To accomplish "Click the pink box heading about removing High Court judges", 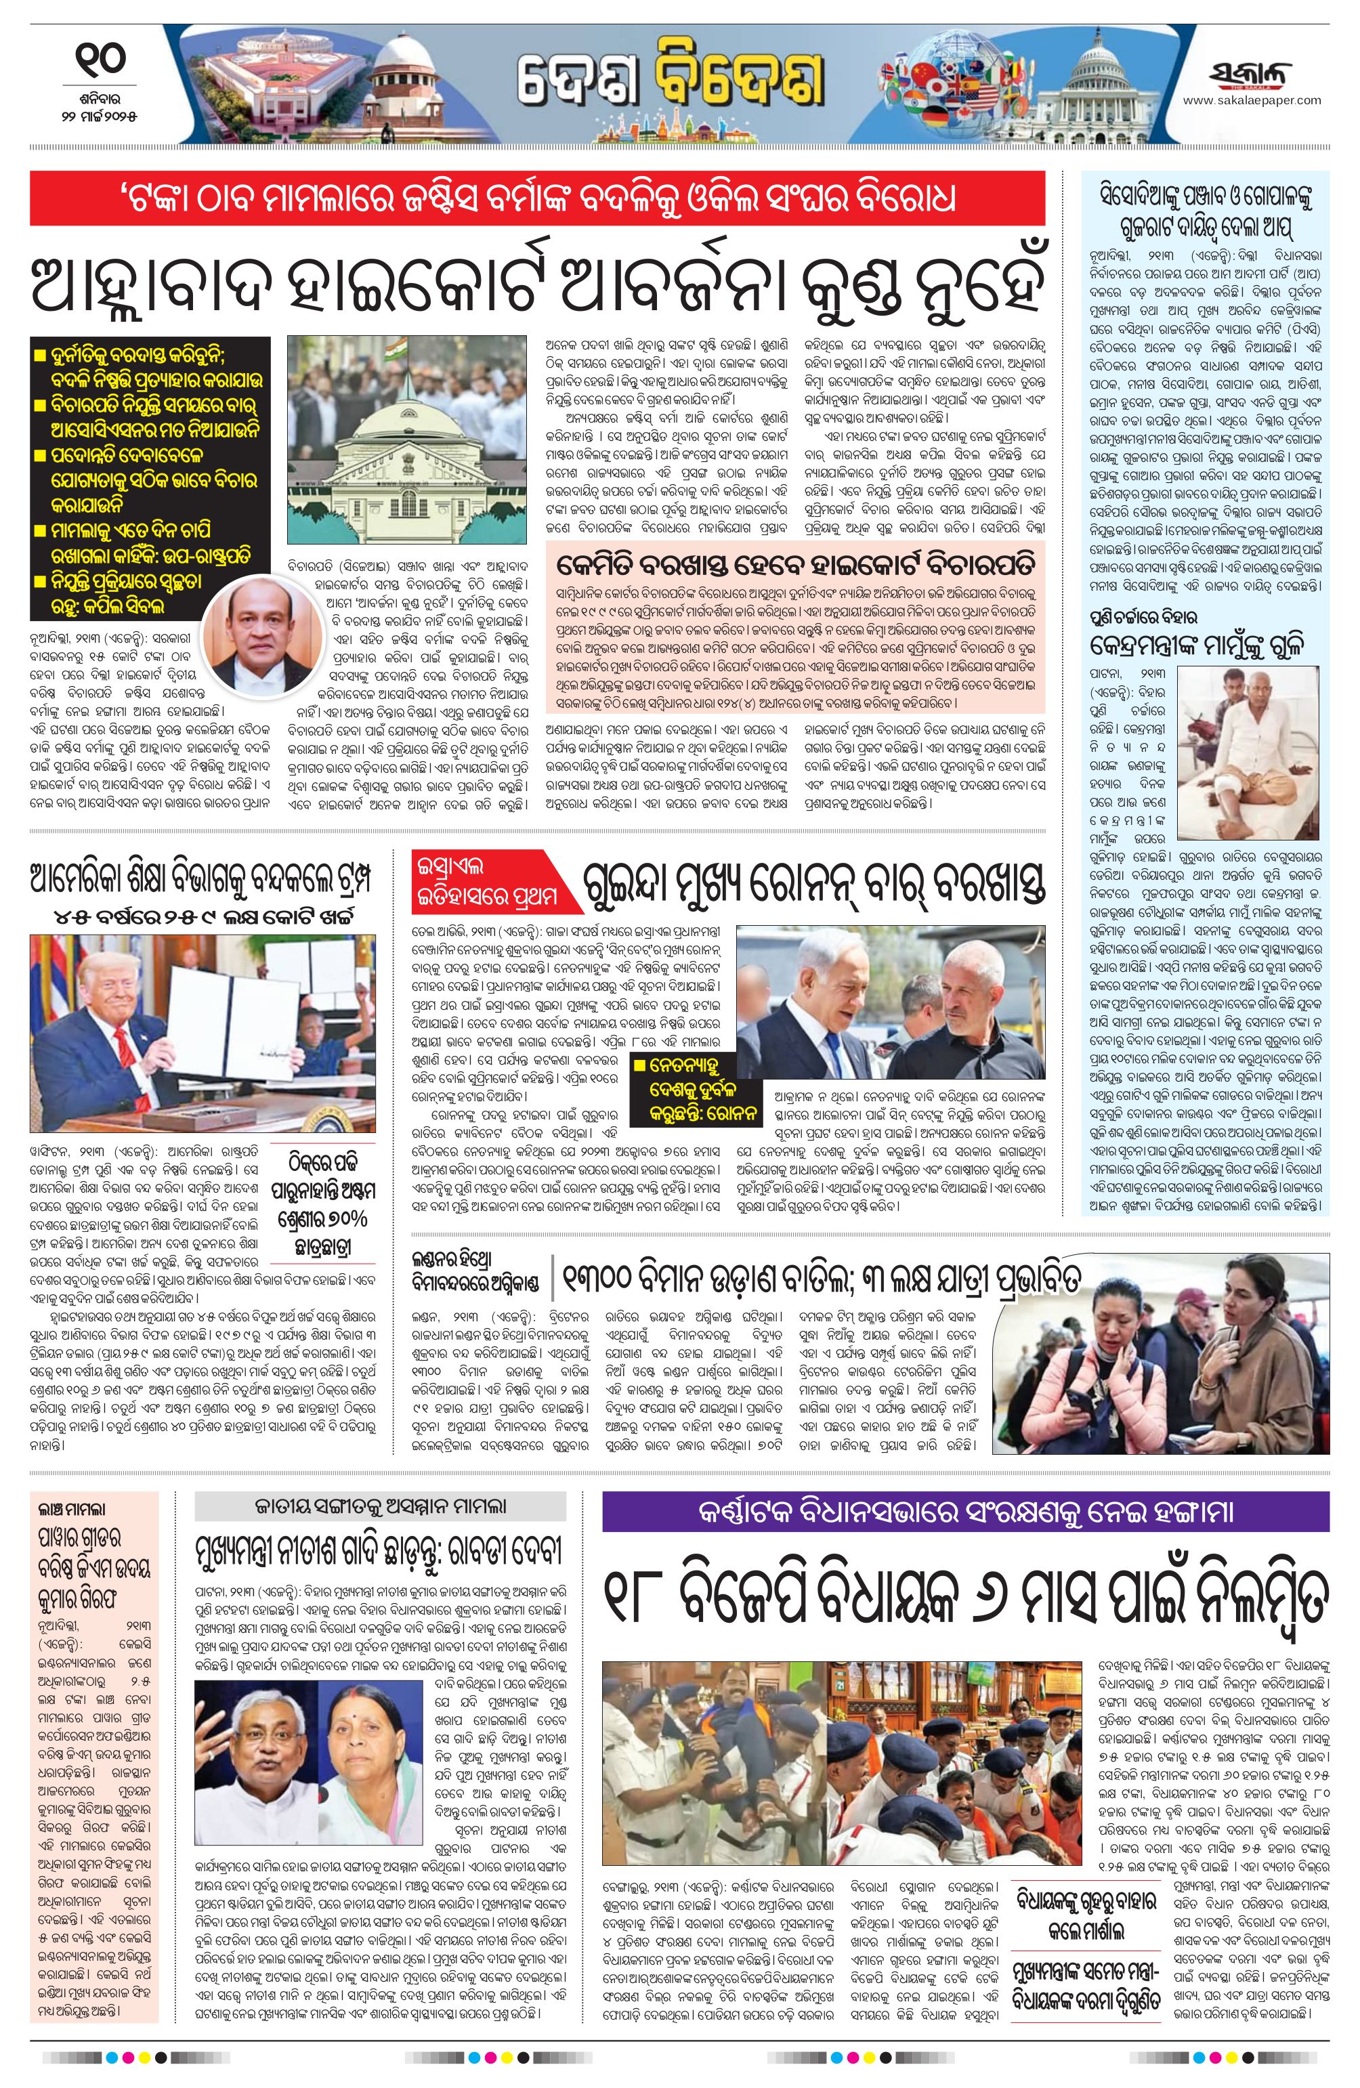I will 794,559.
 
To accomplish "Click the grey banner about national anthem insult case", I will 380,1506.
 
